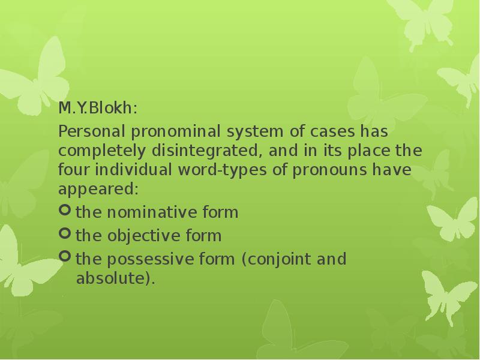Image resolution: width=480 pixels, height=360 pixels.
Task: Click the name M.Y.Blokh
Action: pos(97,109)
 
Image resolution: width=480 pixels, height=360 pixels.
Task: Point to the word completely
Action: pos(98,151)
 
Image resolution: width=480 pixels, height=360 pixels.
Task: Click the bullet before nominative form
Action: pos(65,211)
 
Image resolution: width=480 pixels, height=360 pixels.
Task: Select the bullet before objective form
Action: pos(65,235)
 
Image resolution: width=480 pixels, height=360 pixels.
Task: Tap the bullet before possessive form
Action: pos(65,258)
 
